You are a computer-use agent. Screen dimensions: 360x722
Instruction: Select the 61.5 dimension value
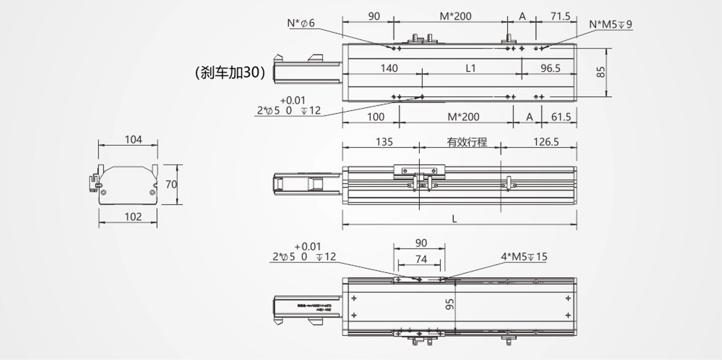click(x=560, y=117)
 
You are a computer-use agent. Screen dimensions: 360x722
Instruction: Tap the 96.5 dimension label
click(x=550, y=68)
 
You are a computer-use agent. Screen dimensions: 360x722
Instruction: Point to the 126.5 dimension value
click(x=546, y=142)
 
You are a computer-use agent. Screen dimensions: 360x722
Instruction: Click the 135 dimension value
click(x=384, y=142)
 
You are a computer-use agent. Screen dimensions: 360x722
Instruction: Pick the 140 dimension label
click(x=388, y=68)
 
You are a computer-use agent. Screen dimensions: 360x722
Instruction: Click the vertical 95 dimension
click(x=450, y=303)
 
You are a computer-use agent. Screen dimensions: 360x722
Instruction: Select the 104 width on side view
click(x=133, y=139)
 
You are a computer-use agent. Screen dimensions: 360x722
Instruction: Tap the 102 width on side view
click(x=133, y=217)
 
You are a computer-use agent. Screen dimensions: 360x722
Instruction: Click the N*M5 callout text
click(x=610, y=24)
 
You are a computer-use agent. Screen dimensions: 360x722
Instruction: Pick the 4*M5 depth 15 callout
click(x=524, y=257)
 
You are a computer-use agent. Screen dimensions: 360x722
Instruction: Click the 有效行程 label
click(x=467, y=142)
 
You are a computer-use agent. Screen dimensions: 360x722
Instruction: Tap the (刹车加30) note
click(x=230, y=73)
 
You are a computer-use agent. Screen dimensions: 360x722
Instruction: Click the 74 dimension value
click(x=420, y=259)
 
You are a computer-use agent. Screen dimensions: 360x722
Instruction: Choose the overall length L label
click(x=455, y=218)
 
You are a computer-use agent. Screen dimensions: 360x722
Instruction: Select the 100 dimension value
click(x=375, y=117)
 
